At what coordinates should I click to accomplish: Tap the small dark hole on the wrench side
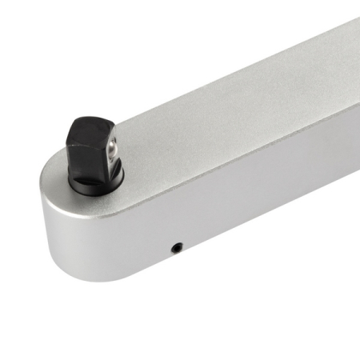[x=178, y=247]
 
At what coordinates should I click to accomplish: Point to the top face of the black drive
[x=89, y=129]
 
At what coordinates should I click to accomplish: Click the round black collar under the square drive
[x=94, y=182]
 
